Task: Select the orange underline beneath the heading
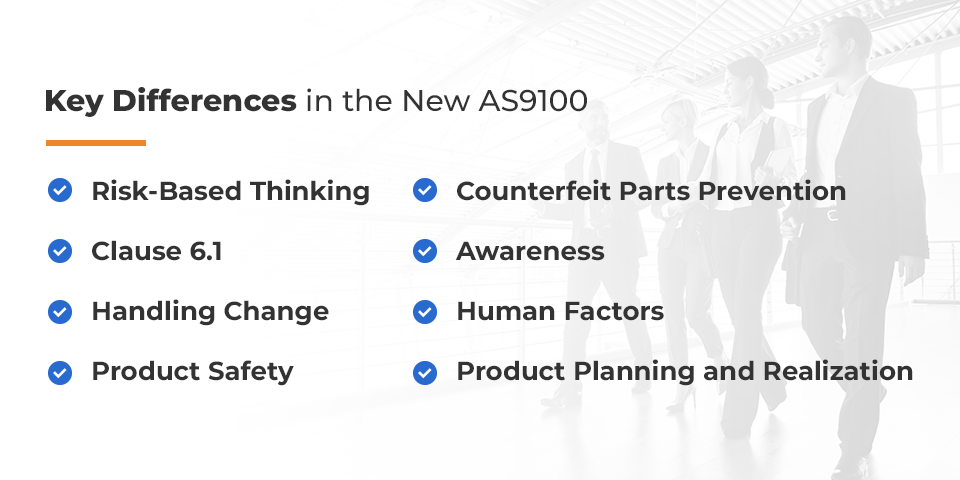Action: coord(96,143)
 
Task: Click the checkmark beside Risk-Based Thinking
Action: coord(60,191)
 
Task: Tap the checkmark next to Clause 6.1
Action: coord(60,251)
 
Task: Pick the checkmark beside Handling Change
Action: coord(60,311)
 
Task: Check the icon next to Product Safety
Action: coord(60,372)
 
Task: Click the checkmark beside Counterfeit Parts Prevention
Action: coord(425,191)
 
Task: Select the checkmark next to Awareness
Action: coord(425,251)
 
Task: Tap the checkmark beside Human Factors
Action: coord(425,311)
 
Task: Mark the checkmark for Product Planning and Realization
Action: coord(425,372)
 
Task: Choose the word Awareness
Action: coord(530,251)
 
